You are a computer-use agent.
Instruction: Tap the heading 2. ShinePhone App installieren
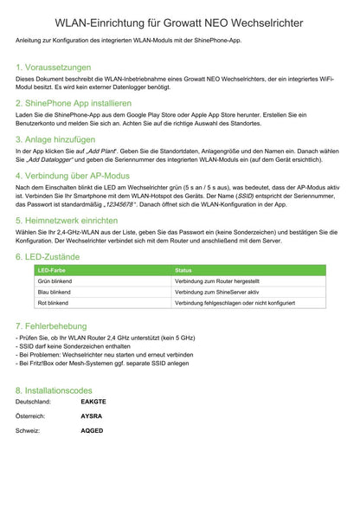[74, 103]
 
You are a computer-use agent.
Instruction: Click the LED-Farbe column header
[52, 271]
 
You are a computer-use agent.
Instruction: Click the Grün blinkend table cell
[54, 282]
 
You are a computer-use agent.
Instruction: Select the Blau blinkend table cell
[54, 293]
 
